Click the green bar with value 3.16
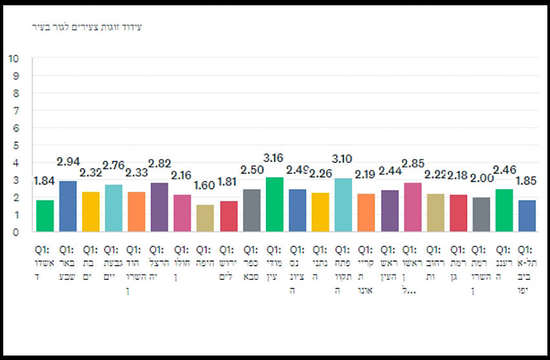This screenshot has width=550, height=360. [x=275, y=205]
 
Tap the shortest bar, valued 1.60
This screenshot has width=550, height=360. [x=206, y=218]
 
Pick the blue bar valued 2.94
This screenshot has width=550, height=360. [x=68, y=207]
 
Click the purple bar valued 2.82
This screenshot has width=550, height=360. [x=160, y=207]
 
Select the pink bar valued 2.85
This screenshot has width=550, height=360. [x=412, y=207]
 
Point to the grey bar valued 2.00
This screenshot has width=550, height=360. [x=481, y=214]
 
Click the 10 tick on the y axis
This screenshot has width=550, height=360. [x=13, y=58]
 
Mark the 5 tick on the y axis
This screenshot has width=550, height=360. [x=16, y=145]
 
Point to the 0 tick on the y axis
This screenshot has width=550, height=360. [x=16, y=232]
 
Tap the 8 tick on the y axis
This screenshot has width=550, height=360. [x=16, y=93]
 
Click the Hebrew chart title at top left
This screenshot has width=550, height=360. [x=87, y=27]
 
